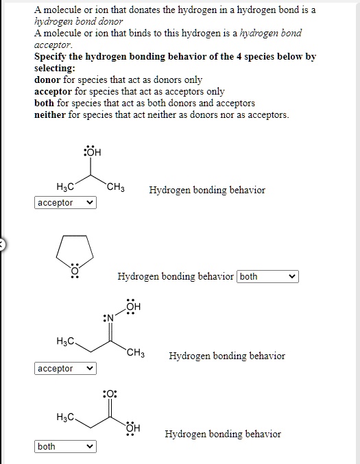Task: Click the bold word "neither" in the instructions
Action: (x=49, y=114)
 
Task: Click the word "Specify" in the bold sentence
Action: (x=52, y=57)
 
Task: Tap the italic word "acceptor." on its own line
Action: (x=53, y=45)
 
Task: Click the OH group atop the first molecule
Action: (x=92, y=152)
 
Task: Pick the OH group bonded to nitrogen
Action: (x=132, y=306)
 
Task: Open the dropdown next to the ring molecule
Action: (x=267, y=277)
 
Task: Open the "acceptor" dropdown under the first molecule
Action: (x=65, y=203)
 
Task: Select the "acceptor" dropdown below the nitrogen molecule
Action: (x=65, y=369)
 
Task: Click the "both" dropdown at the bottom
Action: (x=65, y=447)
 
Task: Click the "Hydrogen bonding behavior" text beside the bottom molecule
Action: (x=223, y=434)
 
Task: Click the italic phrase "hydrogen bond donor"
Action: (x=78, y=22)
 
